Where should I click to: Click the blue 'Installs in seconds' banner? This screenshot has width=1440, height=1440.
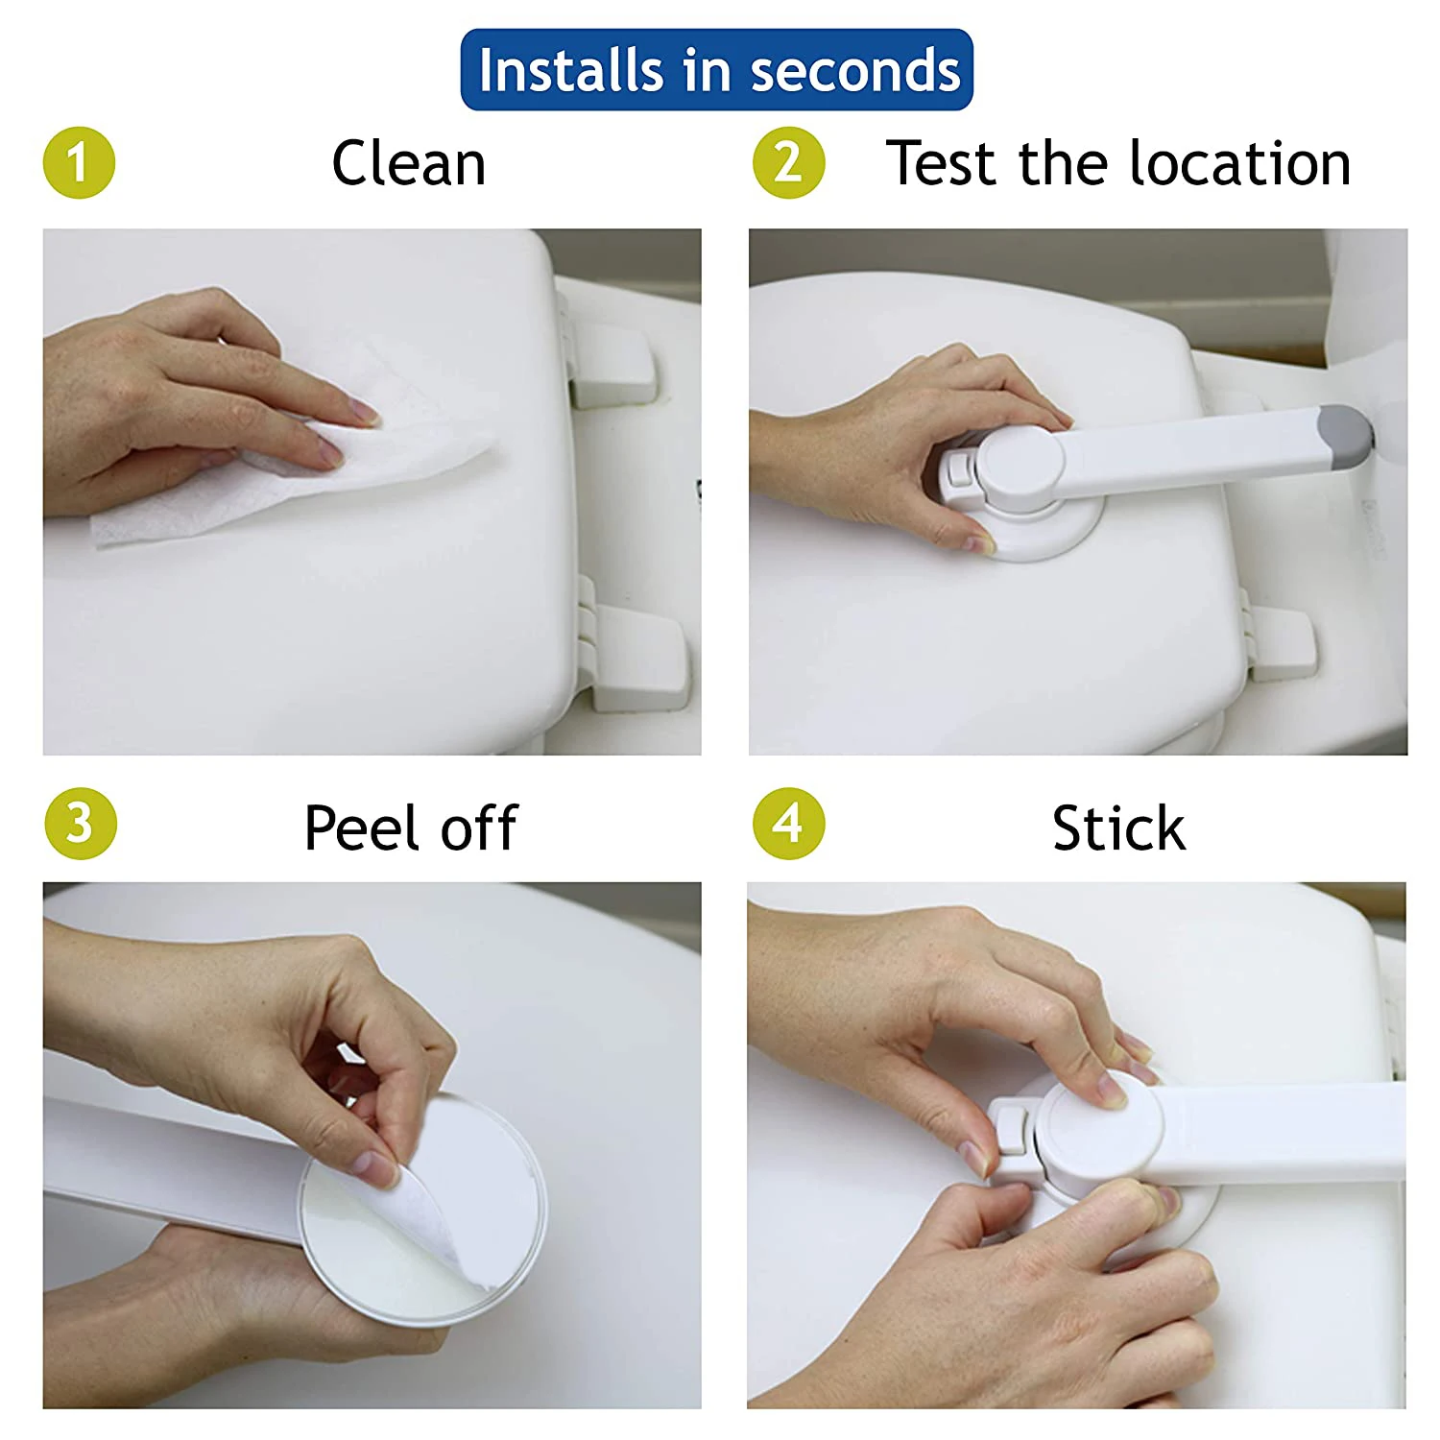[x=717, y=70]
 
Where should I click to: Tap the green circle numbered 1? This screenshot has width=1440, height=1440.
[x=80, y=162]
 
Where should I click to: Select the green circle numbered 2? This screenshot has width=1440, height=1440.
[x=788, y=162]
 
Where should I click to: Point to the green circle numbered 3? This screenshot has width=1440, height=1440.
[x=80, y=824]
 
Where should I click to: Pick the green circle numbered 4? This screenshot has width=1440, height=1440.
[x=788, y=824]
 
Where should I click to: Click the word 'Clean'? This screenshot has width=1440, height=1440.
[x=409, y=163]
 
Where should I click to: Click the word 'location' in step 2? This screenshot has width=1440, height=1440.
[x=1239, y=162]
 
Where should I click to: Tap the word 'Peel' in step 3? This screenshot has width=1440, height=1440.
[x=365, y=828]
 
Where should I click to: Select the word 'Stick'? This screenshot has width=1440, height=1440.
[x=1118, y=828]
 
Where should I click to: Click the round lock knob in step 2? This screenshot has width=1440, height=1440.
[x=1019, y=469]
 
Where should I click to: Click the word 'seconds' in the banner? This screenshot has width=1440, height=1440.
[x=855, y=71]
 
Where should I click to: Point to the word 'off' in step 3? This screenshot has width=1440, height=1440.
[x=479, y=828]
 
